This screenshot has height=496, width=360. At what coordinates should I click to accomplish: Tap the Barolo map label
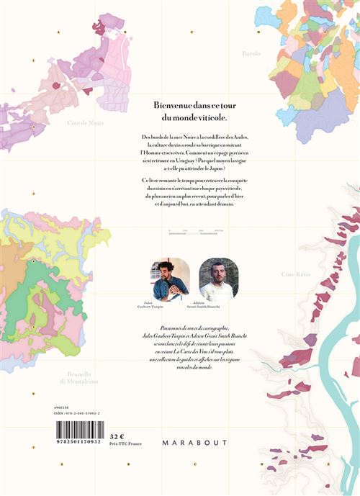tap(251, 53)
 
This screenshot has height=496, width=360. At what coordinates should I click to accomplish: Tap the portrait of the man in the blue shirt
tap(170, 279)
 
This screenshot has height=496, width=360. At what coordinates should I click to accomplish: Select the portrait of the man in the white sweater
tap(218, 279)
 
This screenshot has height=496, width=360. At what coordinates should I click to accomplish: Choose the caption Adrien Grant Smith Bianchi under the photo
tap(218, 308)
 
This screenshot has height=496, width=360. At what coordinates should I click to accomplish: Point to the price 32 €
tap(117, 436)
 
